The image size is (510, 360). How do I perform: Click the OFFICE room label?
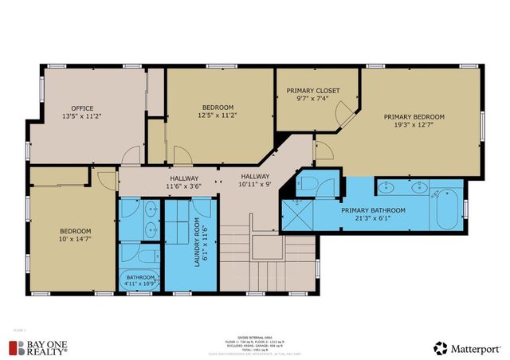82,108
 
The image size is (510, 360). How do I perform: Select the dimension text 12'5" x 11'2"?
217,115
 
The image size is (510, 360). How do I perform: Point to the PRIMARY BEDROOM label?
414,116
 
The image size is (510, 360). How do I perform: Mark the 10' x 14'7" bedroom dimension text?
75,238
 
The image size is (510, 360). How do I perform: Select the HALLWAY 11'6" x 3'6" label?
183,182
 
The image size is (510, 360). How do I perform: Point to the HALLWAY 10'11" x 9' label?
255,181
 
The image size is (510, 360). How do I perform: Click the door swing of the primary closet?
343,117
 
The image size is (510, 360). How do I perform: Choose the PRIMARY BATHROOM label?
373,210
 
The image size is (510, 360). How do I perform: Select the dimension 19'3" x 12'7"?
414,125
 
